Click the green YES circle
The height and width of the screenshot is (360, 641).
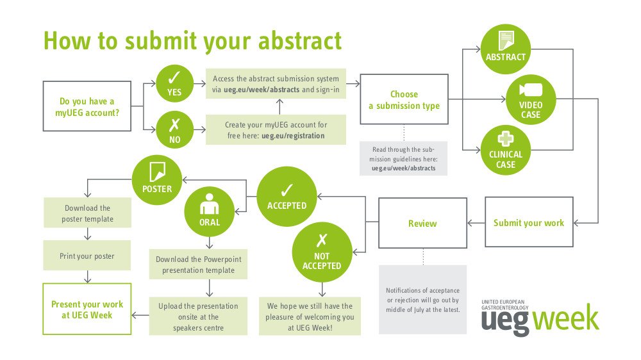174,84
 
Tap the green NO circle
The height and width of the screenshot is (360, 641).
174,129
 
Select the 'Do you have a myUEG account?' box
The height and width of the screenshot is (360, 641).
87,106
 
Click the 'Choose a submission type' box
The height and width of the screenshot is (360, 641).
404,99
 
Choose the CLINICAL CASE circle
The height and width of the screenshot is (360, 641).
506,150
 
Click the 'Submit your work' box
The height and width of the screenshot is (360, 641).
529,222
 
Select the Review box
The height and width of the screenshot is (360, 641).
422,223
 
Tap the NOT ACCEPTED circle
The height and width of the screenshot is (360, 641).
322,252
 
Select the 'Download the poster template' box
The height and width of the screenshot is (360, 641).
87,213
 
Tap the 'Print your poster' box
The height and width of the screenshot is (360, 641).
87,256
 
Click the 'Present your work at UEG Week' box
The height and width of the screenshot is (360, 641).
87,309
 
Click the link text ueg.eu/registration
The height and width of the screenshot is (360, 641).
293,136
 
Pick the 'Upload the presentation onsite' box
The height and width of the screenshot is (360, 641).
198,316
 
